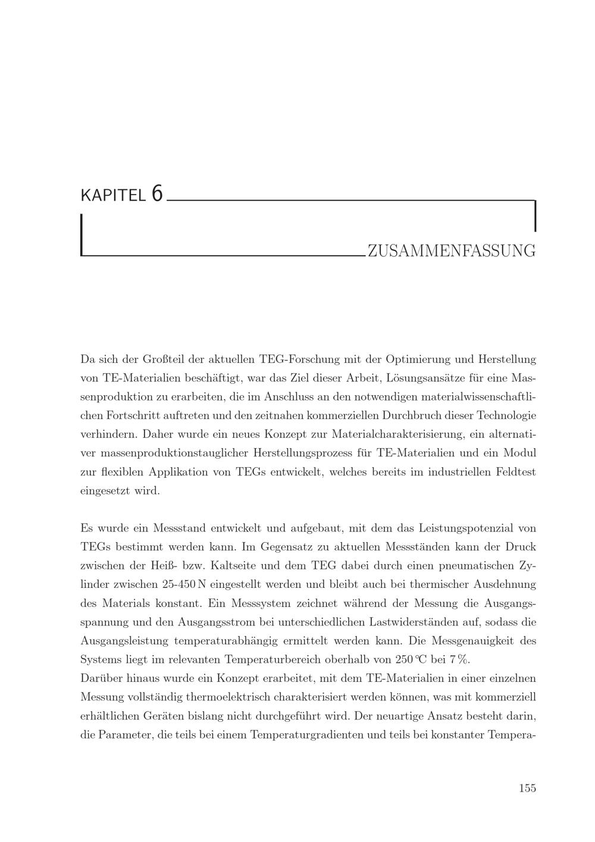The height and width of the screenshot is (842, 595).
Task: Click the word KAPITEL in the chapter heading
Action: click(x=112, y=196)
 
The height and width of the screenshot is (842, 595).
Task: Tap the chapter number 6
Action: click(x=156, y=194)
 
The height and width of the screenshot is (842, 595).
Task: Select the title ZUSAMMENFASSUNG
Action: click(x=452, y=251)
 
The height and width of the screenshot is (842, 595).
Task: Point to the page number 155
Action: click(x=527, y=788)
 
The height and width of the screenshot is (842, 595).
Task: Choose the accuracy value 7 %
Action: click(x=460, y=659)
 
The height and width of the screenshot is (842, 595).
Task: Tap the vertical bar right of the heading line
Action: click(x=535, y=215)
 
